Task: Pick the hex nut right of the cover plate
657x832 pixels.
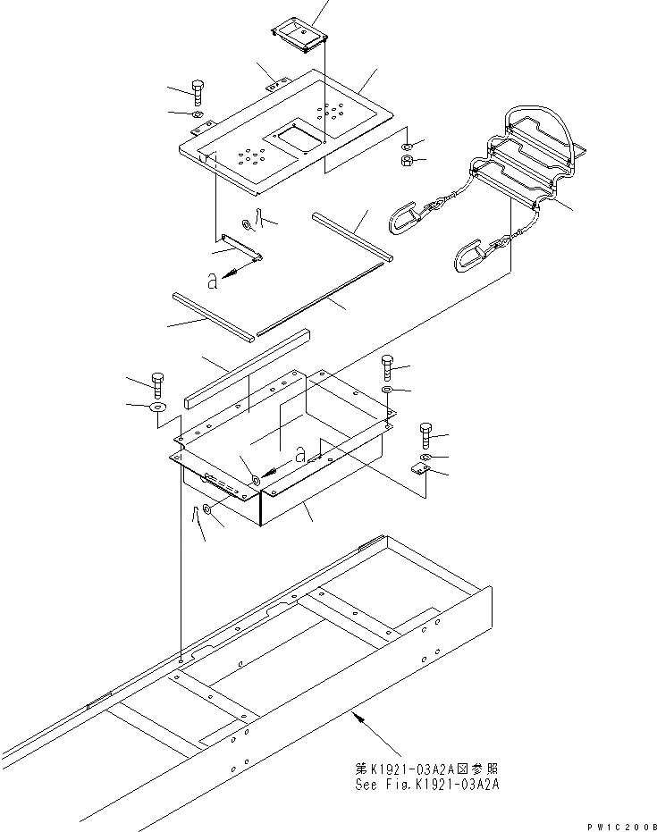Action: (x=405, y=162)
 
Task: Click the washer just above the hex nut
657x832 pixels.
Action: (x=407, y=146)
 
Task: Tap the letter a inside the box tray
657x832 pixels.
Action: (x=301, y=455)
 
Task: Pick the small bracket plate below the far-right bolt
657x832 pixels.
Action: (x=419, y=469)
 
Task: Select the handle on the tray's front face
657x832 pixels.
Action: (x=223, y=485)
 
